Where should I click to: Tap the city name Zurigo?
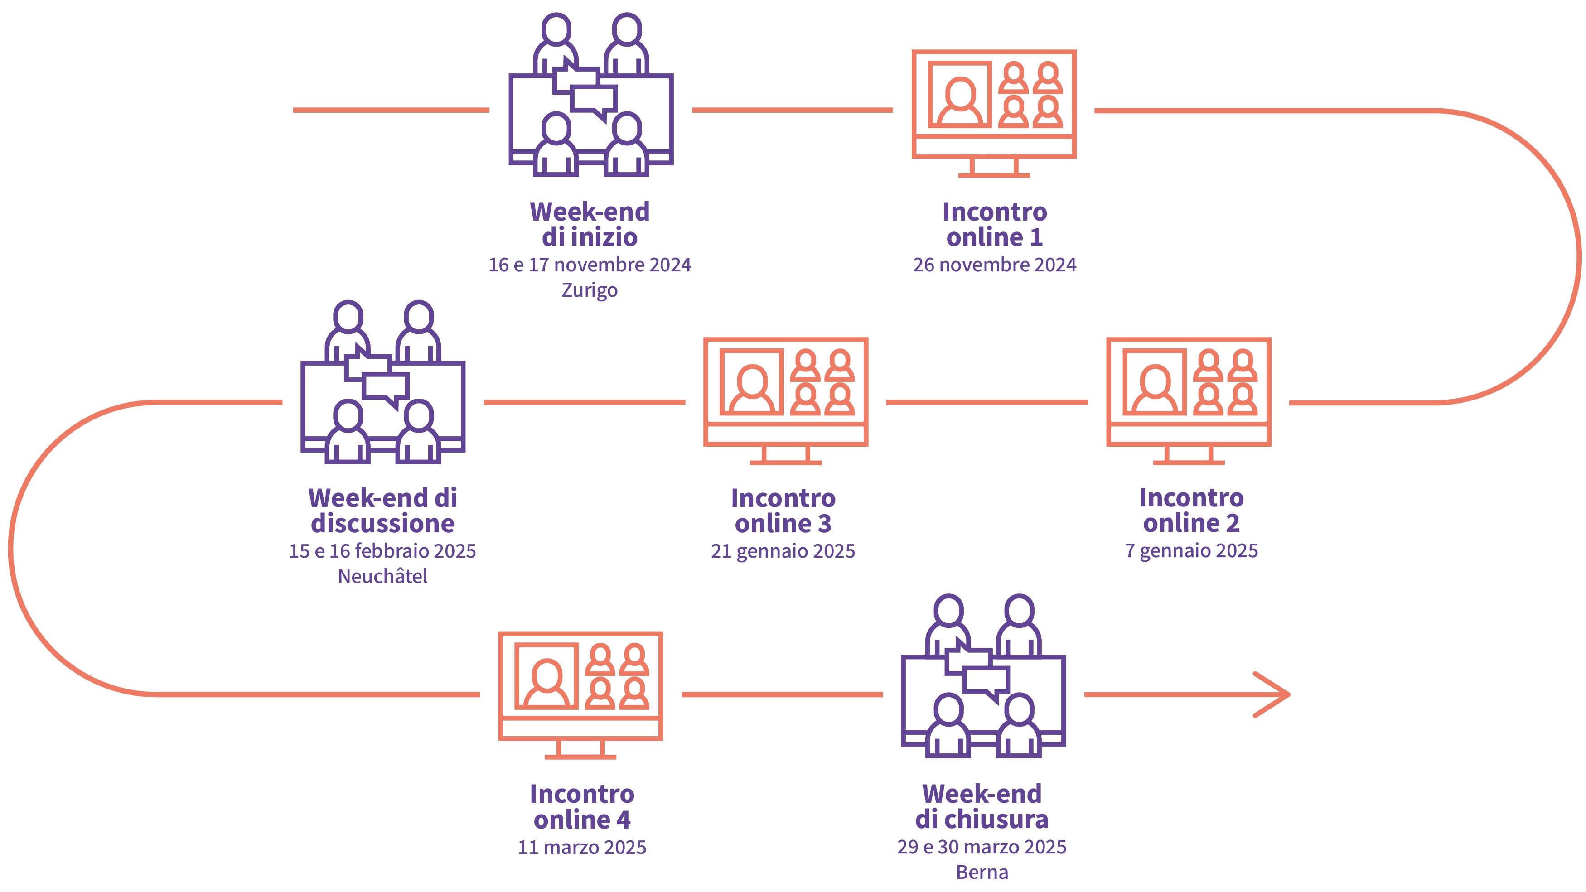coord(589,290)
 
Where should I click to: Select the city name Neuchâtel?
coord(382,576)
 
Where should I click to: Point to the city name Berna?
coord(982,873)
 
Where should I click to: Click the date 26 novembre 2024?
coord(994,265)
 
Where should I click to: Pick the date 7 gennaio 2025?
coord(1191,550)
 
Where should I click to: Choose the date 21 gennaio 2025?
coord(783,551)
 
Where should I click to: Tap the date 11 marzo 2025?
coord(582,847)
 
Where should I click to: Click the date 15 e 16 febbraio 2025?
coord(382,551)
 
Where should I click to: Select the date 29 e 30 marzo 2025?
coord(982,847)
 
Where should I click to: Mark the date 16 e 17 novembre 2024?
coord(589,265)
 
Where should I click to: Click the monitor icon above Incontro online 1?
coord(994,113)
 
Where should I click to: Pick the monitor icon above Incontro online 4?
coord(580,694)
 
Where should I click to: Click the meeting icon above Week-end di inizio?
coord(590,96)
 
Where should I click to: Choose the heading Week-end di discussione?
coord(382,511)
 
